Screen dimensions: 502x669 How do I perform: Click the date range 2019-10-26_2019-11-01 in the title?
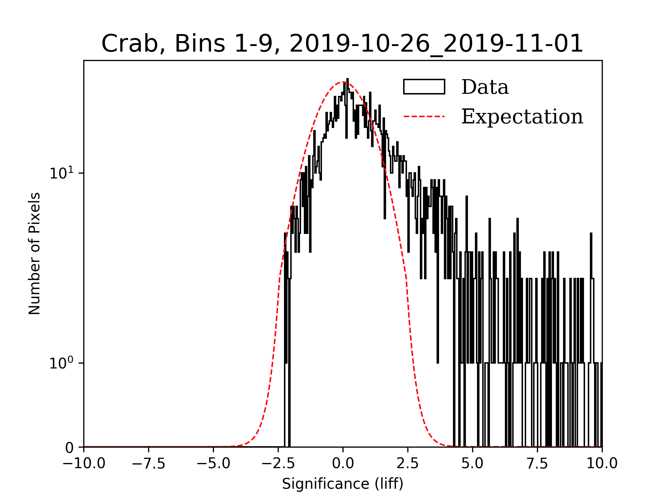436,44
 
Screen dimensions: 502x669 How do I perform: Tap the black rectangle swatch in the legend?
424,87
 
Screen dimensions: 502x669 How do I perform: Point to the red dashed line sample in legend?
424,116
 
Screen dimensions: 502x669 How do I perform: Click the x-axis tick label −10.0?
84,463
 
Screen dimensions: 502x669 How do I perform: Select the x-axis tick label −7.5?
149,463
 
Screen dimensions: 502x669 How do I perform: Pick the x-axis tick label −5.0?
214,463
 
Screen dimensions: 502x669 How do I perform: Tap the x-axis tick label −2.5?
278,463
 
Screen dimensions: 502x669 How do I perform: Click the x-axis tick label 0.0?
343,463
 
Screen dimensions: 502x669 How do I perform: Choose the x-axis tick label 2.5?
408,463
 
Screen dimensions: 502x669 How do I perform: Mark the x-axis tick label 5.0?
472,463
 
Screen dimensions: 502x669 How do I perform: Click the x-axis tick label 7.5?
537,463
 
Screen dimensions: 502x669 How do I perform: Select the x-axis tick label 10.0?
602,463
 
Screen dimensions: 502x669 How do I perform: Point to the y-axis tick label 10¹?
62,173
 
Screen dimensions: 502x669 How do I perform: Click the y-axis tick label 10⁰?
62,363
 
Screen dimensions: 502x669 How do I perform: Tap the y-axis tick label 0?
69,448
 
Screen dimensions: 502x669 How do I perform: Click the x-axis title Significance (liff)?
343,484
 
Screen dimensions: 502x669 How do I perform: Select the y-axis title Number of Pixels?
34,253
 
